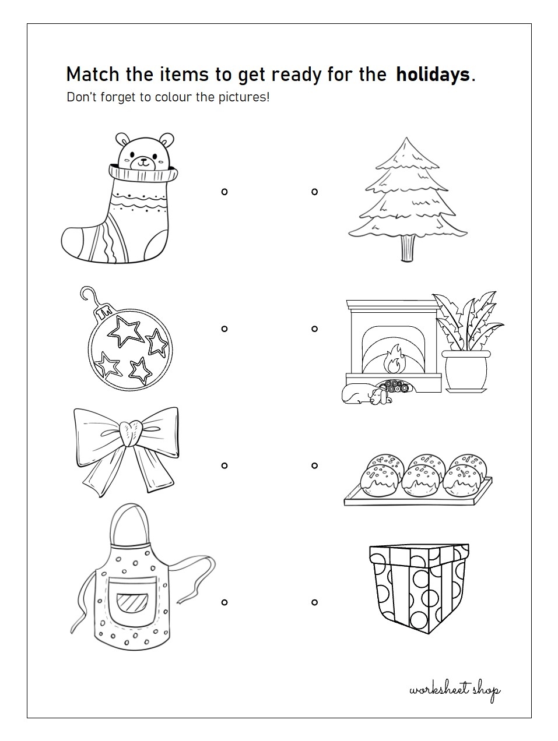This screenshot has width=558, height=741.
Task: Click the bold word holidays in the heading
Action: coord(432,75)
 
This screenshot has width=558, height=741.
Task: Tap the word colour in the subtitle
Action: coord(173,97)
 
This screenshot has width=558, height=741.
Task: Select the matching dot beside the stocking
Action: coord(224,192)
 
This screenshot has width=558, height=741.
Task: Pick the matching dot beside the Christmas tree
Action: coord(314,192)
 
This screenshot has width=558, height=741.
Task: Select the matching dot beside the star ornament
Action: coord(224,329)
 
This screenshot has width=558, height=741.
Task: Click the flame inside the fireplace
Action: coord(394,359)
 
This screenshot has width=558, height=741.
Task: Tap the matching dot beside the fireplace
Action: coord(314,329)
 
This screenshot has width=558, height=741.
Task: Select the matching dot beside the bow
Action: coord(224,465)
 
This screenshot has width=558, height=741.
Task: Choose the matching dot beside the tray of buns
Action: coord(314,465)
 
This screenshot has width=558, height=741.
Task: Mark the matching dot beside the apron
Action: coord(224,602)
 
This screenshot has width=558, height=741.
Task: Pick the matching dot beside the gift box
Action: coord(314,602)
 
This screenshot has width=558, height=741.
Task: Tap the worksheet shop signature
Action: coord(455,690)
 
